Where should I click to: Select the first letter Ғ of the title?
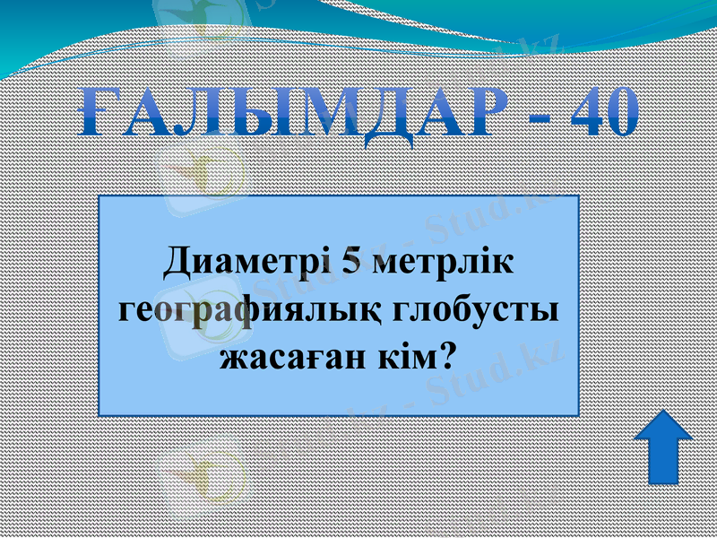[95, 112]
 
